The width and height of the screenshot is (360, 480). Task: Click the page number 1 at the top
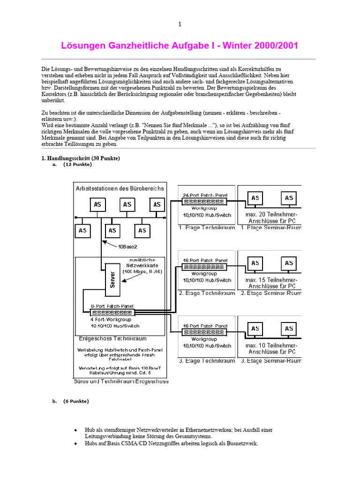[x=180, y=24]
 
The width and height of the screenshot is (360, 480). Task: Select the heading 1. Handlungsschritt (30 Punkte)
[x=81, y=158]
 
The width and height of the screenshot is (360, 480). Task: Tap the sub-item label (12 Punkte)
[x=77, y=165]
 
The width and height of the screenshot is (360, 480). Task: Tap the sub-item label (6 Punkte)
[x=75, y=401]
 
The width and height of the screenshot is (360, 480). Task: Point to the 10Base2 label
[x=128, y=246]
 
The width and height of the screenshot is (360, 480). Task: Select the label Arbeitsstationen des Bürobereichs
[x=120, y=188]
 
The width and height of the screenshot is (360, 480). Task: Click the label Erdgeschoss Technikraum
[x=112, y=338]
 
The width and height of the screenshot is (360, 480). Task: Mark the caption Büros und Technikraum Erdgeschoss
[x=121, y=382]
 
